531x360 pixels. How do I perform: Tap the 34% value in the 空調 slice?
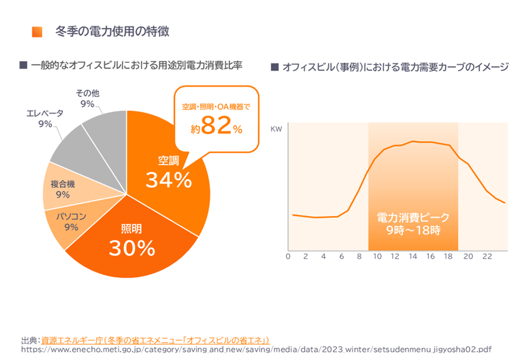168,180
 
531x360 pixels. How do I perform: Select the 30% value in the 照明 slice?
132,247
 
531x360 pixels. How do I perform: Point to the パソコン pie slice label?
71,217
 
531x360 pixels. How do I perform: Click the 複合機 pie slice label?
62,184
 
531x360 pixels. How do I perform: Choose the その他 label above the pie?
87,93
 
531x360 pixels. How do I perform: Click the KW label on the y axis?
275,129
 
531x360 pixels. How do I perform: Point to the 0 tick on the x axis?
287,257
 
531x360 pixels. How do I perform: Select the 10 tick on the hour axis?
377,257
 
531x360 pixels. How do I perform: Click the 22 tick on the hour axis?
486,257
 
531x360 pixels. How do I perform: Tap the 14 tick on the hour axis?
413,257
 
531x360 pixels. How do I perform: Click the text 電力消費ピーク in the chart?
413,218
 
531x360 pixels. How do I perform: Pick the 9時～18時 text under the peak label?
413,231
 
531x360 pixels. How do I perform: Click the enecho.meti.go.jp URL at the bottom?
256,350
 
